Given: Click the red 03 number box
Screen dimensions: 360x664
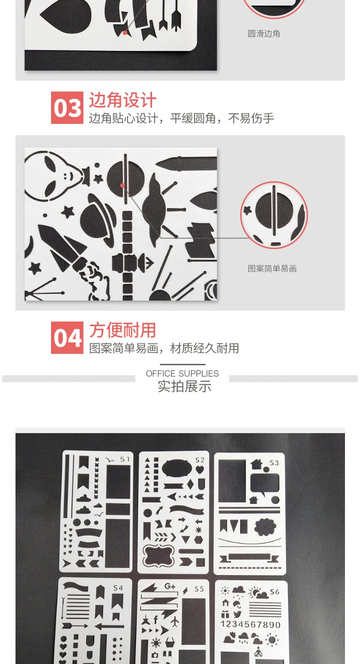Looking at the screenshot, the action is click(67, 107).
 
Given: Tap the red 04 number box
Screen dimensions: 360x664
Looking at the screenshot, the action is click(67, 337).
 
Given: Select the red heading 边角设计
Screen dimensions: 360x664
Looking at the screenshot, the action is click(123, 100).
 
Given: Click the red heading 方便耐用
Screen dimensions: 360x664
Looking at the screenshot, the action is click(123, 330).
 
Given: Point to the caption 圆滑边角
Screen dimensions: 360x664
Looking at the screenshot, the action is click(264, 34).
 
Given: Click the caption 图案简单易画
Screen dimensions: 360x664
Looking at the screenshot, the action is click(272, 269).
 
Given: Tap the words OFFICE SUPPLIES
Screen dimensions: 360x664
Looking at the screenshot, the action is click(182, 373).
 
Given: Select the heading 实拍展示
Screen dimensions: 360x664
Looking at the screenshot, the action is click(185, 386).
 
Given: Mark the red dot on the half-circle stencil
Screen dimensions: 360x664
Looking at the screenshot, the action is click(123, 185).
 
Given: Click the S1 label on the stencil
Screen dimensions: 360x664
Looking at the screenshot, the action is click(125, 459).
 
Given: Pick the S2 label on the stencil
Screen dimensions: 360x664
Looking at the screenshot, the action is click(200, 460).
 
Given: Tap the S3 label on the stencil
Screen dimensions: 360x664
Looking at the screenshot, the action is click(274, 463).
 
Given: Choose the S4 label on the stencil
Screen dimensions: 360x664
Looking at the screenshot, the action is click(118, 587).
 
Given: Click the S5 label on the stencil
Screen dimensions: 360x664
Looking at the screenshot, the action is click(199, 589).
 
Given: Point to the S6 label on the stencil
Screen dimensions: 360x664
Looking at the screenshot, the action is click(275, 592).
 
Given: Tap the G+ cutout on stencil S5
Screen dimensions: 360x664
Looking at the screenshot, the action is click(170, 586).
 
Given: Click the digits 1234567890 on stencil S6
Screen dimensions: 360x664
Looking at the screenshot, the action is click(251, 624).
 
